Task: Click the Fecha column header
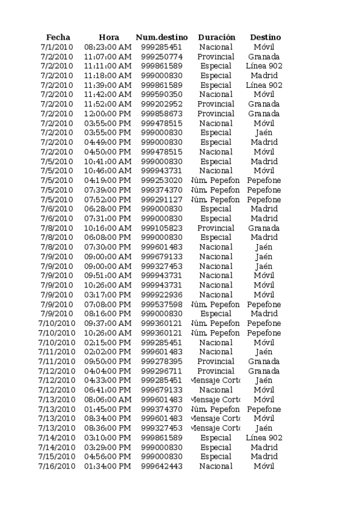[58, 37]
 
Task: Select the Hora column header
[109, 37]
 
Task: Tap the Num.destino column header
[162, 37]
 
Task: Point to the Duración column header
[216, 37]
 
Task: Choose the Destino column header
[265, 37]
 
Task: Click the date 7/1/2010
[56, 47]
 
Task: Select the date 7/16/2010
[56, 466]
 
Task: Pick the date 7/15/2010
[56, 456]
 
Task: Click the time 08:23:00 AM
[108, 47]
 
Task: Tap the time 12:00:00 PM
[108, 114]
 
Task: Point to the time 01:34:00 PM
[108, 466]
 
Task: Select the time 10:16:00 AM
[108, 229]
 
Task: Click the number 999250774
[162, 57]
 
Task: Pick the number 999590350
[162, 94]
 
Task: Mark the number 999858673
[162, 114]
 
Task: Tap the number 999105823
[162, 229]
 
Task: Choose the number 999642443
[162, 466]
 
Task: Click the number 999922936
[162, 295]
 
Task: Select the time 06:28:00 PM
[108, 209]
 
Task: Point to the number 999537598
[162, 304]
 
